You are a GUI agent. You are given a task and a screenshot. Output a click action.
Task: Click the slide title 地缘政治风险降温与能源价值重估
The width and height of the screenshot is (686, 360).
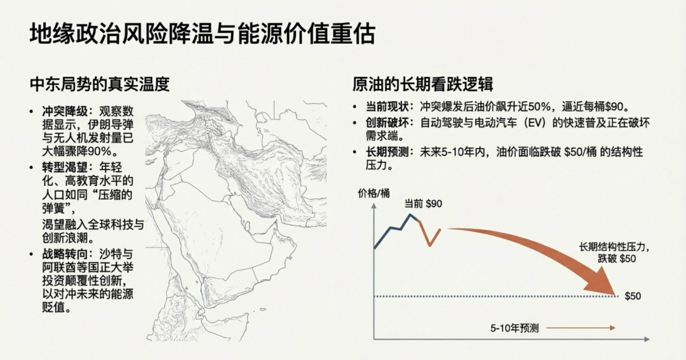point(202,34)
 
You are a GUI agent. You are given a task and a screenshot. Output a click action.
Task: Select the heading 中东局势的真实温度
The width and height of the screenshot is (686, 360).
point(100,84)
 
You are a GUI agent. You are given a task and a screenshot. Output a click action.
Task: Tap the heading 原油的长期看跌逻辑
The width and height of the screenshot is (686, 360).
point(422,84)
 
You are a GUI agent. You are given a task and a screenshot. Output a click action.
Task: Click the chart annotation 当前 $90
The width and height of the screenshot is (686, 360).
point(423,204)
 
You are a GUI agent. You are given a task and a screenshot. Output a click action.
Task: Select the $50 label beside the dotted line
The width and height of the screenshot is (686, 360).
point(633,296)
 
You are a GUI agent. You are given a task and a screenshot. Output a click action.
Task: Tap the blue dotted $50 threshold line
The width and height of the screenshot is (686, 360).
point(496,297)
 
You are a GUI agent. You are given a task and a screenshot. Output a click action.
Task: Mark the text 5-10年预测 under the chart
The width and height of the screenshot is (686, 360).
point(514,328)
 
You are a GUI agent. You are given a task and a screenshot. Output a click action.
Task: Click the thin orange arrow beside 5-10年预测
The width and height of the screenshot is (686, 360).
point(581,328)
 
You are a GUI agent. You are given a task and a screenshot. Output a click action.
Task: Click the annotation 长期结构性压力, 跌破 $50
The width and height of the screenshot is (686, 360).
point(614,253)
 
